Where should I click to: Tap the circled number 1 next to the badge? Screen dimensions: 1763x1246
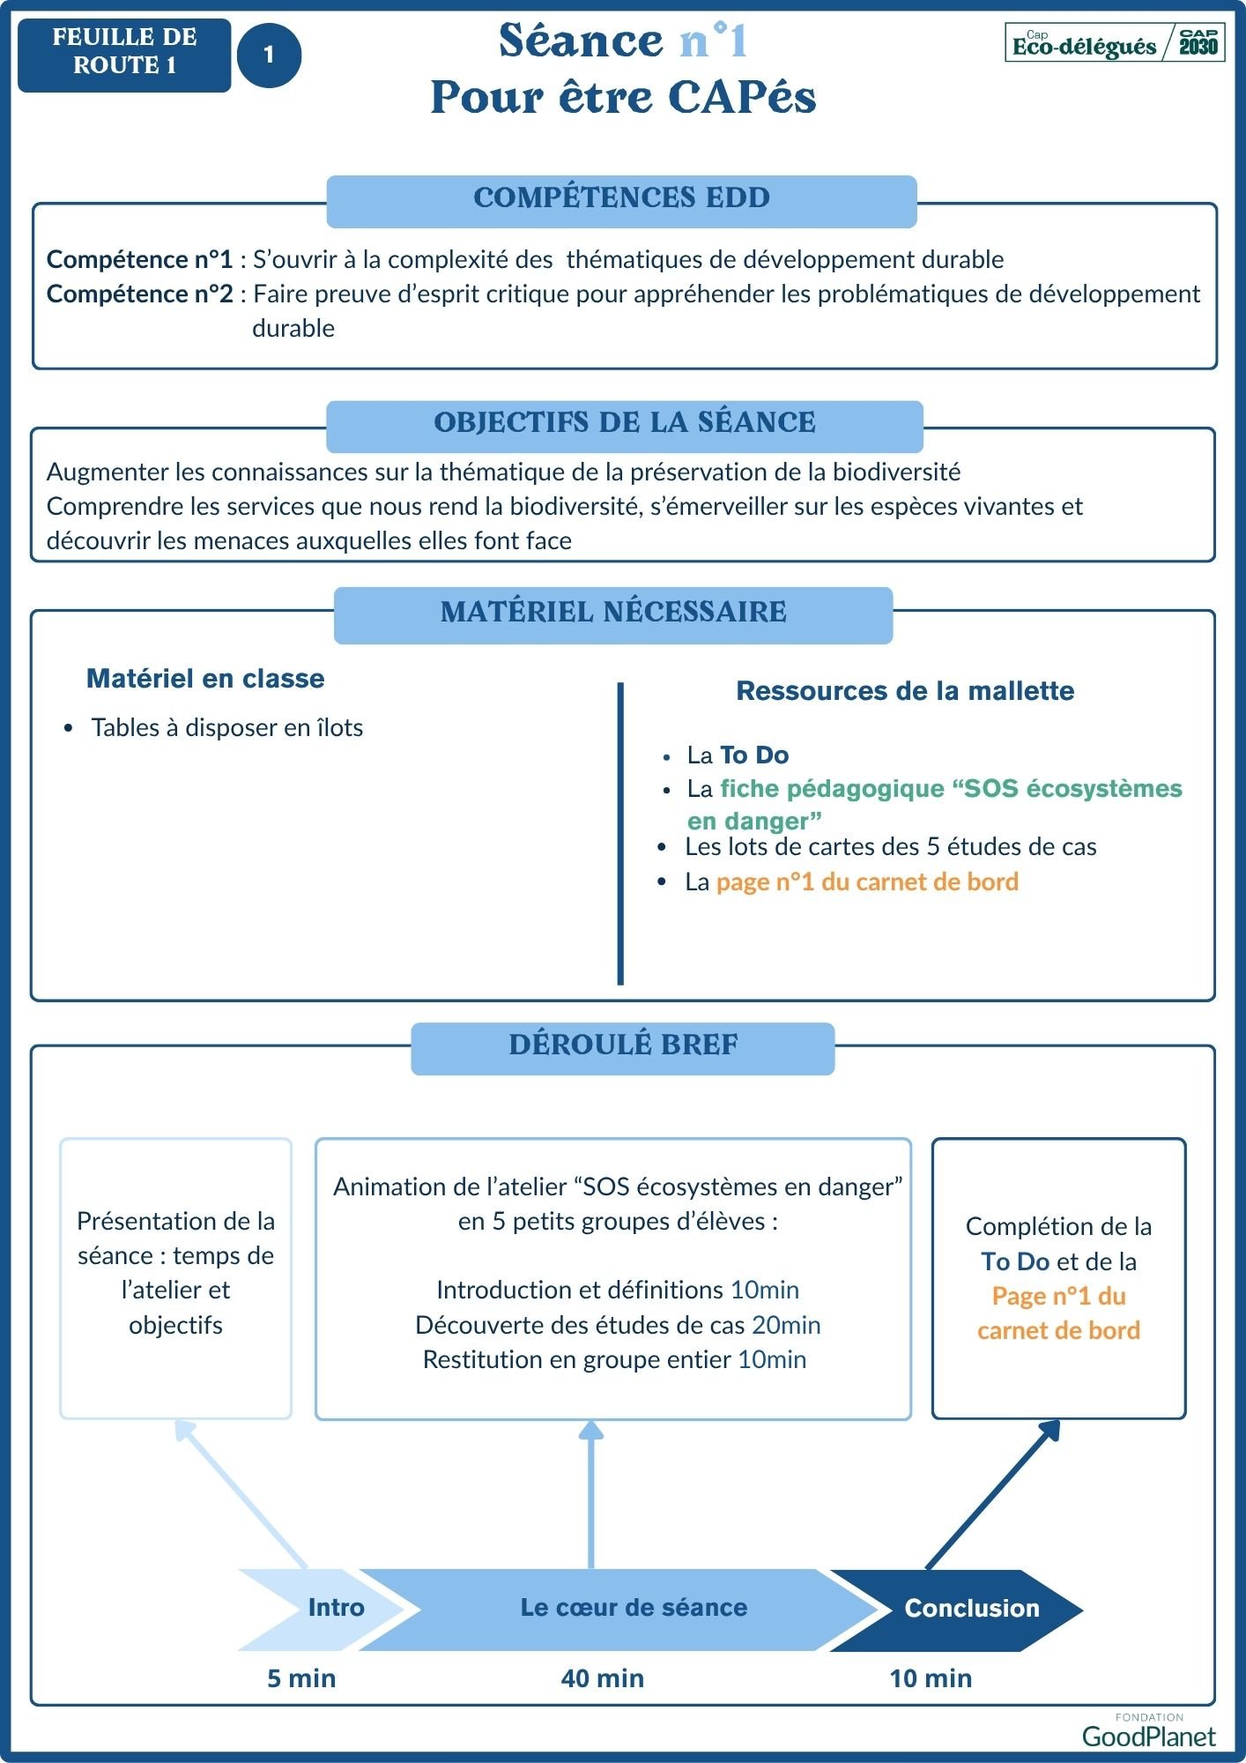coord(269,55)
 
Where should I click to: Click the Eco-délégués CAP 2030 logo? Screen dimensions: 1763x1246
coord(1115,42)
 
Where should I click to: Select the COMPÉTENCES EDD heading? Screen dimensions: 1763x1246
coord(621,198)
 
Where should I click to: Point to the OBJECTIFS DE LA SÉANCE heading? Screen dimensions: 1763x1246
coord(624,423)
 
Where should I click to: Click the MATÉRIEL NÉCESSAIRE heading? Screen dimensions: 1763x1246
coord(613,613)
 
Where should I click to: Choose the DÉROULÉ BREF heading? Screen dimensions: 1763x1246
coord(623,1045)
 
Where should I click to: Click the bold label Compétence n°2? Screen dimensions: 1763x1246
coord(140,294)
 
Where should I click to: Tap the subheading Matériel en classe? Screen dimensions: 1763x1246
coord(205,679)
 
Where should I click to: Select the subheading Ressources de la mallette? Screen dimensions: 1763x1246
coord(905,691)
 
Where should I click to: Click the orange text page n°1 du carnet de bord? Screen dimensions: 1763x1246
coord(867,882)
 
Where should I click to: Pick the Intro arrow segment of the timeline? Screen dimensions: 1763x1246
coord(326,1608)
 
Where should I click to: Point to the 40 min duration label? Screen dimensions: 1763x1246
coord(603,1678)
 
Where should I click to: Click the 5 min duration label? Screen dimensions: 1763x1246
coord(301,1678)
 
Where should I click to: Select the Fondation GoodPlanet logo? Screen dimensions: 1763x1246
coord(1148,1732)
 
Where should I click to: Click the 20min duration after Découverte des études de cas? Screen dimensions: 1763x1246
coord(786,1326)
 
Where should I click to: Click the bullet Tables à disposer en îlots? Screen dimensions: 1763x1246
coord(226,728)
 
